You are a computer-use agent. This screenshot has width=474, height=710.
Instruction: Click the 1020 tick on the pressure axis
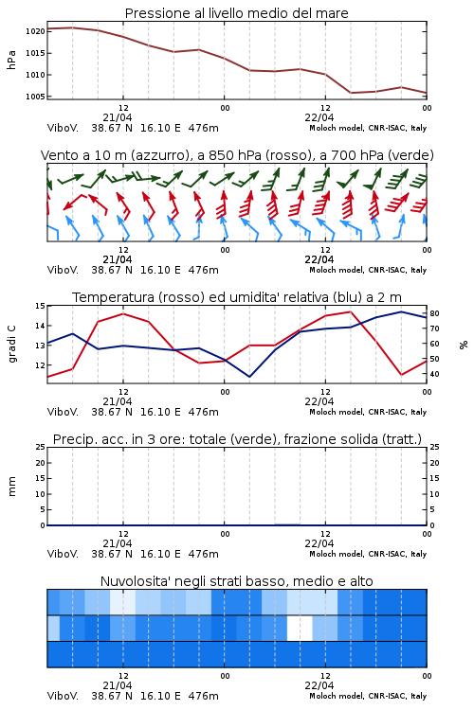pyautogui.click(x=35, y=31)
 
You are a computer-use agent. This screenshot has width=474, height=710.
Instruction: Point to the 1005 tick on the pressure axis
pyautogui.click(x=35, y=97)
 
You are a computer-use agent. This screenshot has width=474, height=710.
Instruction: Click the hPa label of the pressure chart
pyautogui.click(x=11, y=60)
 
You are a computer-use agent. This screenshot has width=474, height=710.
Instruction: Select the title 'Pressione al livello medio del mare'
pyautogui.click(x=237, y=13)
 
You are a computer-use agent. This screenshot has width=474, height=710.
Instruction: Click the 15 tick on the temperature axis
pyautogui.click(x=40, y=306)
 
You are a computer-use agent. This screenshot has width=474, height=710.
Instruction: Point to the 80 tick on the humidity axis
pyautogui.click(x=434, y=313)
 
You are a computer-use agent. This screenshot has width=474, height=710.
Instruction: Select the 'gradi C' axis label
pyautogui.click(x=12, y=345)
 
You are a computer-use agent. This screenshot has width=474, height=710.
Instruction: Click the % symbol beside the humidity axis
pyautogui.click(x=464, y=345)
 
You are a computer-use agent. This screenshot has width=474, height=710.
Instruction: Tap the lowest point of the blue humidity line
pyautogui.click(x=249, y=377)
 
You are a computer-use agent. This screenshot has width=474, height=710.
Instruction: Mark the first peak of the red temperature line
pyautogui.click(x=123, y=313)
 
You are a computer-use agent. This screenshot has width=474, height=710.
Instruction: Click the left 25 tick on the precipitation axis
pyautogui.click(x=41, y=447)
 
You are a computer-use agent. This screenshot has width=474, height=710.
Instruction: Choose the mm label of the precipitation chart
pyautogui.click(x=11, y=487)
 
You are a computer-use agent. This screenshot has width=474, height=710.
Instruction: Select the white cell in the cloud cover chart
pyautogui.click(x=300, y=628)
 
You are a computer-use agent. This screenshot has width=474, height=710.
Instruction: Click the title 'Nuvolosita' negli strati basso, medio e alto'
pyautogui.click(x=237, y=581)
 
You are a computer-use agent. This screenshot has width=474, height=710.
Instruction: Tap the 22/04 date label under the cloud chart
pyautogui.click(x=319, y=685)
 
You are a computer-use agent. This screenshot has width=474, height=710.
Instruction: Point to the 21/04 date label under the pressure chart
pyautogui.click(x=118, y=117)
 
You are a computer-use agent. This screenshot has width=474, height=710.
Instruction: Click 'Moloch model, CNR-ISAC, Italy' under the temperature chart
pyautogui.click(x=368, y=412)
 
